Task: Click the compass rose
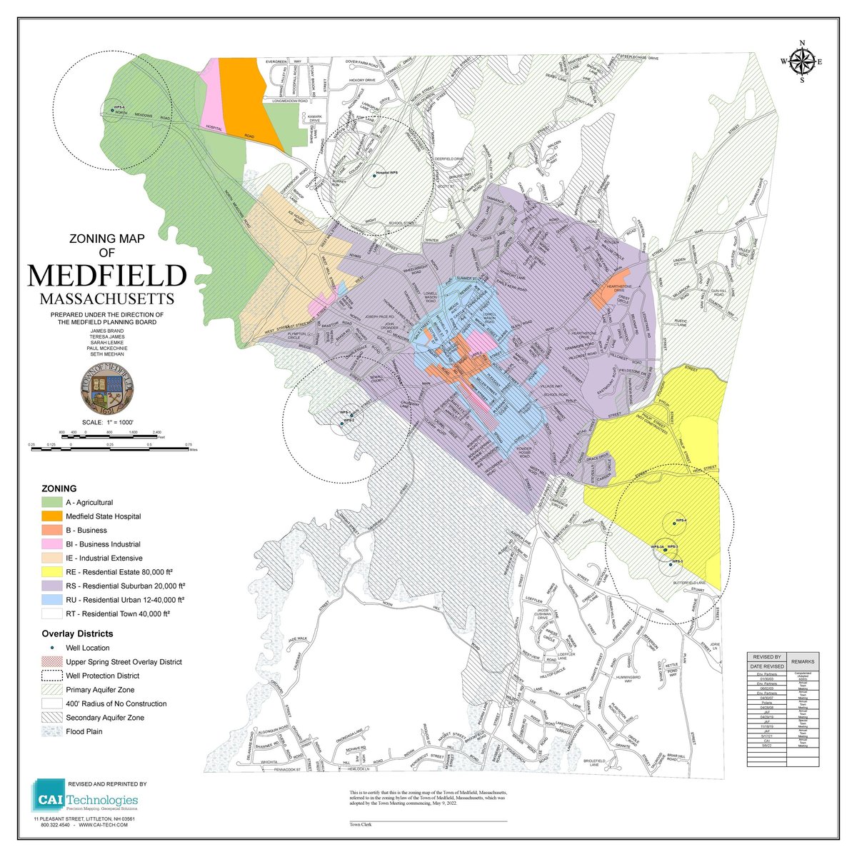click(x=802, y=62)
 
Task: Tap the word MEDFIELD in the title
click(x=107, y=276)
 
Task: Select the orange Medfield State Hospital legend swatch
click(x=52, y=516)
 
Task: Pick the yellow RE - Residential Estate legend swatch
click(x=52, y=572)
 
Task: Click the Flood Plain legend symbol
click(x=52, y=731)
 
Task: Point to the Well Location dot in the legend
click(x=52, y=648)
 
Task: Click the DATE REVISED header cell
click(x=767, y=666)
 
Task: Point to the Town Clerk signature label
click(x=360, y=824)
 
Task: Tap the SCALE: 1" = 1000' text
click(x=107, y=423)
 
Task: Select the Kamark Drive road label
click(x=315, y=119)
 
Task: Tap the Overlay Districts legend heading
click(x=77, y=633)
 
